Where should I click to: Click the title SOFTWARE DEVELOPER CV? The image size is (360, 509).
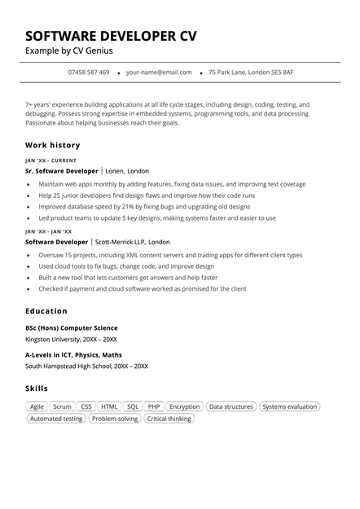[111, 36]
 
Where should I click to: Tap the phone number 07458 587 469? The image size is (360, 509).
[89, 72]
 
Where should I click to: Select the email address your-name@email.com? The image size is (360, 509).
[159, 72]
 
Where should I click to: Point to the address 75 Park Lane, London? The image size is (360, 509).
[251, 72]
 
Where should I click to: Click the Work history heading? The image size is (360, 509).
[53, 145]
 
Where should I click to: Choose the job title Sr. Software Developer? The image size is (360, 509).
[62, 172]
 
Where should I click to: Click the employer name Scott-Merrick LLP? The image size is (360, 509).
[120, 242]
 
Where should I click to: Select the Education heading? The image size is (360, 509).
[46, 311]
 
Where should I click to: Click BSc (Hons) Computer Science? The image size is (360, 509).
[72, 328]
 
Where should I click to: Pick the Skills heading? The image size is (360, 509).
[37, 388]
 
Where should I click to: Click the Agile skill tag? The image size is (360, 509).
[37, 406]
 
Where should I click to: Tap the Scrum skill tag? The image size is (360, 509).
[62, 406]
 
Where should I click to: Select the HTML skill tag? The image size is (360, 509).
[109, 406]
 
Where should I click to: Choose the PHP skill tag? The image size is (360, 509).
[154, 406]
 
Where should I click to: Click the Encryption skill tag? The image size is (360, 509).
[185, 406]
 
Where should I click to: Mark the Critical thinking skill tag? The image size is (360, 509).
[169, 419]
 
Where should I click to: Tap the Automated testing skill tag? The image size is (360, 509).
[56, 419]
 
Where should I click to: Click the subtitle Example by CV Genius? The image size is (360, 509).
[69, 51]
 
